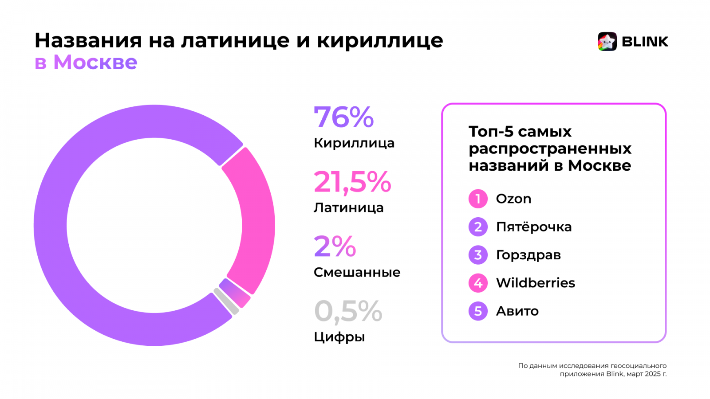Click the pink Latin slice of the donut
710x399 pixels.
click(x=257, y=222)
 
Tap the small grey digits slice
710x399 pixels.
click(x=226, y=301)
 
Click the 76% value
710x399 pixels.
click(x=343, y=117)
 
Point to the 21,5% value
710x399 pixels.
click(x=352, y=182)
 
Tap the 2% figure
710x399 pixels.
click(x=335, y=246)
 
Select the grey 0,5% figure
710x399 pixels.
click(x=348, y=311)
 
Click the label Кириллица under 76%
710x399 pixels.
click(x=354, y=143)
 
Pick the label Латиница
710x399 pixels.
click(x=348, y=207)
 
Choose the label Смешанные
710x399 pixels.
click(x=357, y=272)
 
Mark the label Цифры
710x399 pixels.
click(x=339, y=337)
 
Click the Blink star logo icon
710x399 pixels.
click(x=607, y=42)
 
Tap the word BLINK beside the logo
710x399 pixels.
click(x=645, y=42)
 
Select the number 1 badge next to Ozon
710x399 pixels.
click(x=478, y=199)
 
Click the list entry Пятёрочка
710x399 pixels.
click(x=533, y=227)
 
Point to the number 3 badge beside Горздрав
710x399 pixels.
click(x=478, y=255)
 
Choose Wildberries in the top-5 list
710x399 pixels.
click(x=535, y=283)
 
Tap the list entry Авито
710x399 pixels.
click(x=517, y=311)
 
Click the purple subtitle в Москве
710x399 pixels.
click(x=86, y=62)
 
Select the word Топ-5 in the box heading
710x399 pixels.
click(x=491, y=132)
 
